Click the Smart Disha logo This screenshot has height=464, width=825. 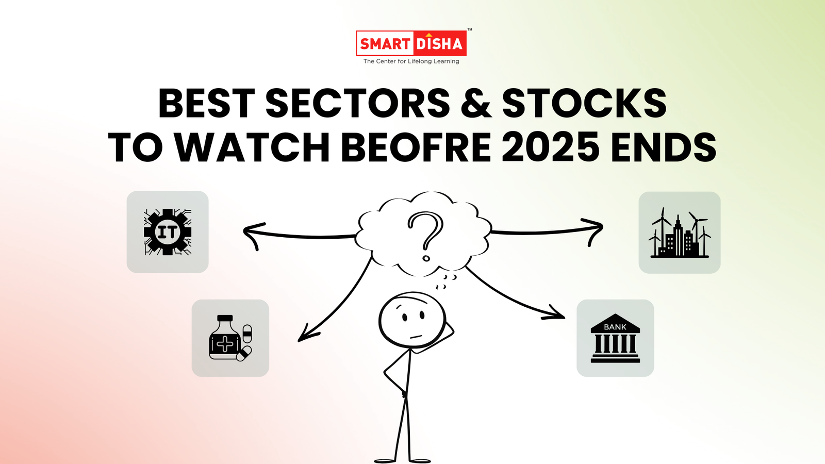tap(411, 43)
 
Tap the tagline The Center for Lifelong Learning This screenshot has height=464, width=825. tap(411, 61)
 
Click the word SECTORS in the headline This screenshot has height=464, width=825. tap(358, 103)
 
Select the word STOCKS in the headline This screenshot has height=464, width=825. tap(584, 103)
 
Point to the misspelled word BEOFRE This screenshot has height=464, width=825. tap(416, 148)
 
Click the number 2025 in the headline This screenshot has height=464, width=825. tap(551, 148)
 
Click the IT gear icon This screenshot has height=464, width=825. tap(168, 232)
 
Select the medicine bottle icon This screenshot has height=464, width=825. tap(230, 338)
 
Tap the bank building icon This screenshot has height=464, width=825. tap(615, 338)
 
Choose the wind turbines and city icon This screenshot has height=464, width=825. tap(679, 233)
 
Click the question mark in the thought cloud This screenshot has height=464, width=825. tap(425, 235)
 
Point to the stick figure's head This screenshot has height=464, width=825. tap(412, 320)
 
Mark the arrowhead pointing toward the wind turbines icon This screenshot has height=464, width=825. tap(596, 229)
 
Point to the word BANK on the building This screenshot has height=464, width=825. tap(615, 327)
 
